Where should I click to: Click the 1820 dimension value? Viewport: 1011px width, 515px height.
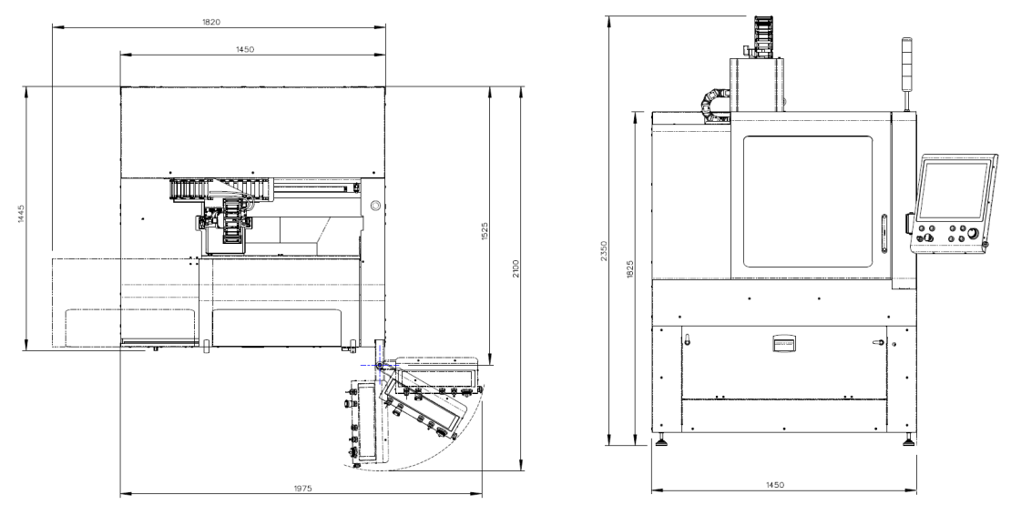click(x=210, y=22)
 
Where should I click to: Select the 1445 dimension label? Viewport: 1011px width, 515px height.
click(x=21, y=214)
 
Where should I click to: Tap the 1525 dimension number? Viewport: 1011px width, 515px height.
click(x=485, y=232)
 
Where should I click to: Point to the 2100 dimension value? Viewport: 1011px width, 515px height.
click(x=516, y=268)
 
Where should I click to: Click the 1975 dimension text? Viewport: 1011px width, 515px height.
click(x=302, y=489)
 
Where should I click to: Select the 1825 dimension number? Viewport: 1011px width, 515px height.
click(x=630, y=269)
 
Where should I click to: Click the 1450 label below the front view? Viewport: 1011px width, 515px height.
click(x=775, y=485)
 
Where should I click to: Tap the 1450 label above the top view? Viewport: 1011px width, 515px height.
click(x=244, y=49)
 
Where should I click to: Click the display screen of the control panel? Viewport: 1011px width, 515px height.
click(x=953, y=190)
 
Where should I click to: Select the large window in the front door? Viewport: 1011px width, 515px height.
click(x=807, y=201)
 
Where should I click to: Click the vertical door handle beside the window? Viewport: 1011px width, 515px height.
click(x=884, y=235)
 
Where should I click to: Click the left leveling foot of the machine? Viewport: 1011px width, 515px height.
click(x=661, y=441)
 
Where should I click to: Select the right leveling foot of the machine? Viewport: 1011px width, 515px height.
click(x=908, y=440)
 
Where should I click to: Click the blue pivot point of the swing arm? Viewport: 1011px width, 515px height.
click(x=379, y=365)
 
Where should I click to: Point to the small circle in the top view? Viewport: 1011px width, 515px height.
click(x=375, y=206)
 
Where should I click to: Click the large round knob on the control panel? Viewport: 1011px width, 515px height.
click(x=974, y=234)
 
